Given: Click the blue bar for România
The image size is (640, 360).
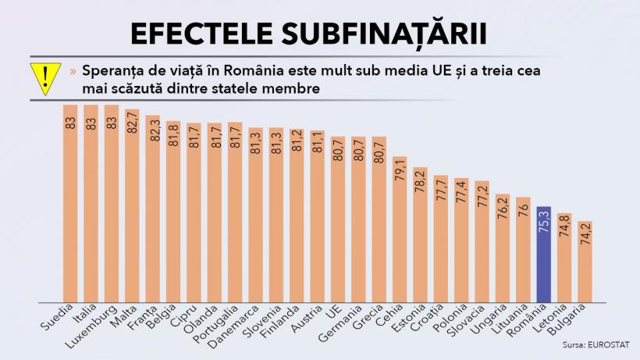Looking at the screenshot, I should click(x=544, y=254).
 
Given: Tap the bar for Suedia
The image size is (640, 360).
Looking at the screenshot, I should click(x=70, y=203).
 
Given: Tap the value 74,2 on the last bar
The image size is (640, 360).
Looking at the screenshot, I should click(x=585, y=235).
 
